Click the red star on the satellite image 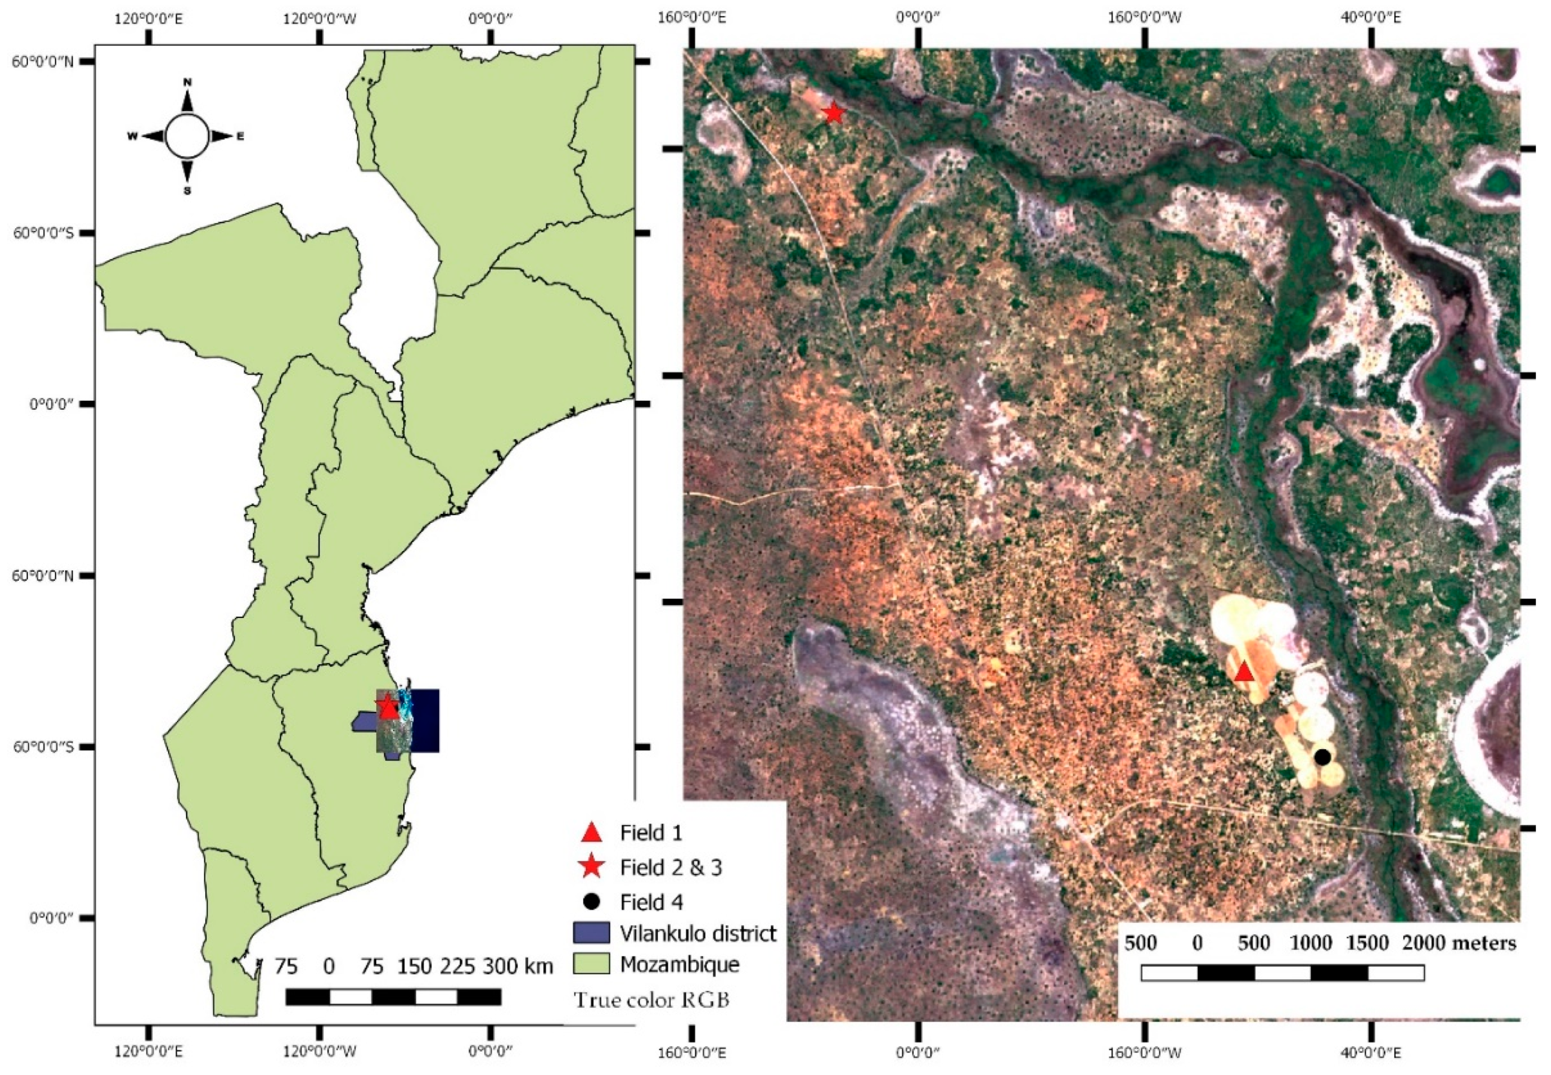(x=834, y=113)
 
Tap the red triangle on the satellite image (x=1244, y=671)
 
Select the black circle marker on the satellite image (x=1322, y=757)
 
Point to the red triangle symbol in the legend (x=591, y=832)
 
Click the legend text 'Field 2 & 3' (x=671, y=868)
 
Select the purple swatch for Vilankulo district (x=591, y=933)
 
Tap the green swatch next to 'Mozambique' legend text (x=591, y=964)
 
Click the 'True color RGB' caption (x=651, y=1000)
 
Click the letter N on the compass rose (x=187, y=82)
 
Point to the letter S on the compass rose (x=187, y=190)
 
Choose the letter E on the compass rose (x=240, y=137)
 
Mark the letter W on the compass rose (x=132, y=137)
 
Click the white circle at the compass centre (x=187, y=136)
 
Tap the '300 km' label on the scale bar (x=517, y=966)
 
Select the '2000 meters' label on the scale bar (x=1459, y=943)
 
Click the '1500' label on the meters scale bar (x=1368, y=943)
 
